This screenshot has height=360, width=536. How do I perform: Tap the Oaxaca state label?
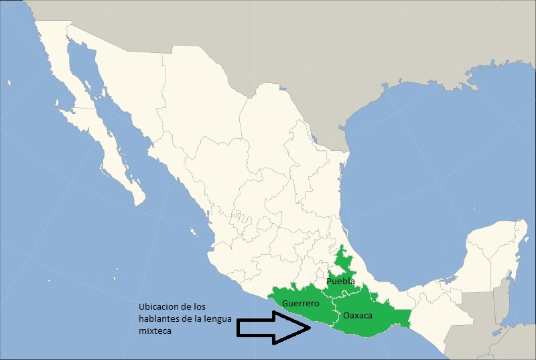click(x=357, y=315)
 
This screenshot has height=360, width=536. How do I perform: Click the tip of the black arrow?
click(x=310, y=326)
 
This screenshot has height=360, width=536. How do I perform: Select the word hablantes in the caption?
click(x=159, y=318)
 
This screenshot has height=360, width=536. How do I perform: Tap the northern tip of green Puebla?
click(x=342, y=247)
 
